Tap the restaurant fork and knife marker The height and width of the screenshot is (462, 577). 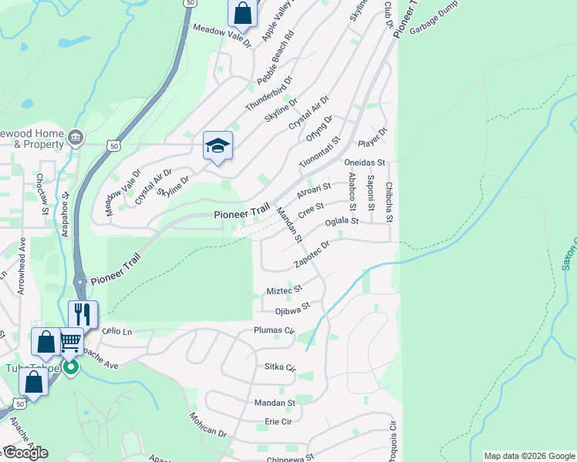83,314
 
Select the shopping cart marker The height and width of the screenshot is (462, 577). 70,340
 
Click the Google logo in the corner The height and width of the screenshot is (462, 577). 25,453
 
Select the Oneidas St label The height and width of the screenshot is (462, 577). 364,163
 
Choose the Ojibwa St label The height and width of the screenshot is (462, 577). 292,308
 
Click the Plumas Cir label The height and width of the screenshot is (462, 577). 275,331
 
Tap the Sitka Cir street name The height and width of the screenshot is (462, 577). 279,367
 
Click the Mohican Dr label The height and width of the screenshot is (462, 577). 208,424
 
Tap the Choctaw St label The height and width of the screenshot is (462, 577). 42,199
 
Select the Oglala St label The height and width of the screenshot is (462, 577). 342,222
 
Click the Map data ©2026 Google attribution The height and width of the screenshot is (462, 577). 528,456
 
